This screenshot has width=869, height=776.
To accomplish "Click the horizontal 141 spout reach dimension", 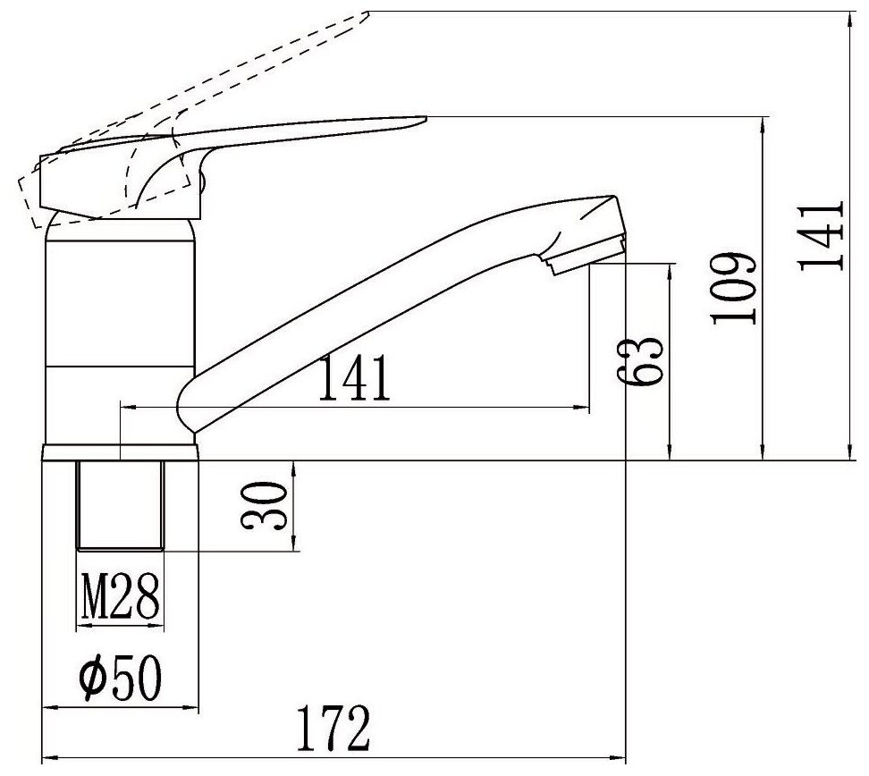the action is (354, 378).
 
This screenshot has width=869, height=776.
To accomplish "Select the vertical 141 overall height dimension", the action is (820, 235).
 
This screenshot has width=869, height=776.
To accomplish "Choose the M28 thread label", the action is (121, 596).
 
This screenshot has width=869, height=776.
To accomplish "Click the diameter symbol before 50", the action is (92, 680).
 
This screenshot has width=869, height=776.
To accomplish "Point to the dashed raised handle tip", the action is (358, 18).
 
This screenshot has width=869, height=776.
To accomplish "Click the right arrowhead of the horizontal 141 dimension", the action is (585, 408).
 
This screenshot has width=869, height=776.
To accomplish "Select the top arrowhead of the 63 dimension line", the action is (670, 268).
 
